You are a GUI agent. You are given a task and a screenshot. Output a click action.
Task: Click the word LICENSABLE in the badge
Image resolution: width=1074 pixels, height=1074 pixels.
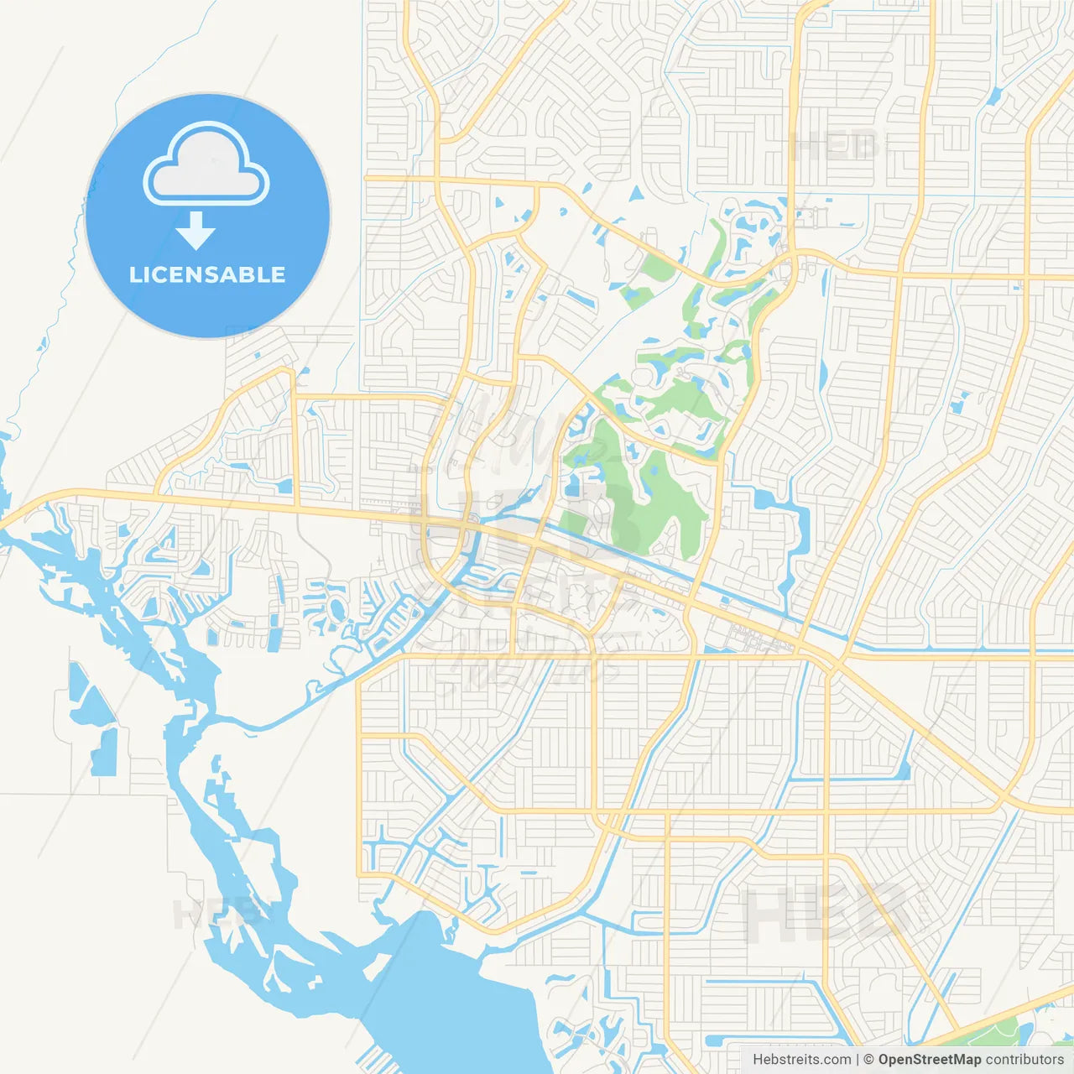207,274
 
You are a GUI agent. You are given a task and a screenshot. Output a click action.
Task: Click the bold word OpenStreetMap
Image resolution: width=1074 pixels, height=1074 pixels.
929,1060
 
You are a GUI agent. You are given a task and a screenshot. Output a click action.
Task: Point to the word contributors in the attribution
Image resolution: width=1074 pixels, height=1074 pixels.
1024,1060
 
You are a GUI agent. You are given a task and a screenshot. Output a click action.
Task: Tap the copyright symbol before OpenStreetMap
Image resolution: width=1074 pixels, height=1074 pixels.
868,1060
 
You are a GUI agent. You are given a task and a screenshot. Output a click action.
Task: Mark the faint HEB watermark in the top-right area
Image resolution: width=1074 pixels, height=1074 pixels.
835,147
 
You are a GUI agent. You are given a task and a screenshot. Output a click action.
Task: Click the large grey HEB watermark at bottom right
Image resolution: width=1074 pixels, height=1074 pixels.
826,915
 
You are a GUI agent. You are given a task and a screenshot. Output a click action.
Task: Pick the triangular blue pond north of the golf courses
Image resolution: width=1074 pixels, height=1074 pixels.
635,193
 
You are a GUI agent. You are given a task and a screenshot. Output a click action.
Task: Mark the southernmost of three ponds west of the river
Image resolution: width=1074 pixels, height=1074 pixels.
104,751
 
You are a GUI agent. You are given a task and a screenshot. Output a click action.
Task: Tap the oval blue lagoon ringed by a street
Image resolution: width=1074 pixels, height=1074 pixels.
336,607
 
